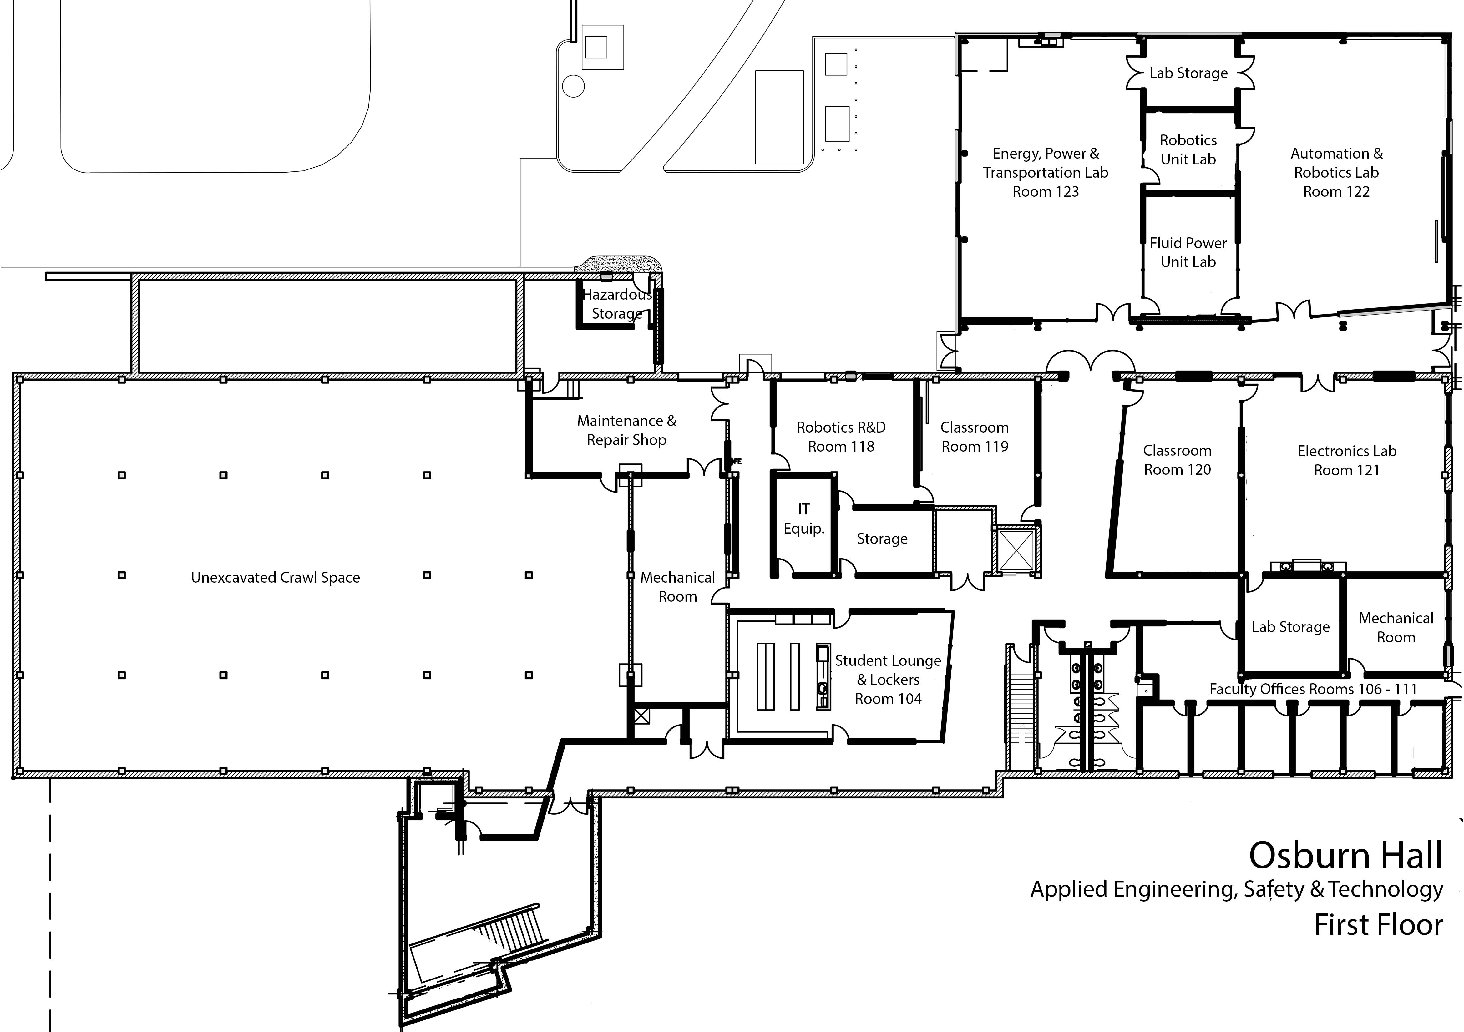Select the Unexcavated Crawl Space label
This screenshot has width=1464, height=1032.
click(x=276, y=578)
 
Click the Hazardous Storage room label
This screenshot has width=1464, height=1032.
click(x=616, y=304)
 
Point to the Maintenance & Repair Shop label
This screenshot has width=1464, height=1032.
click(x=626, y=430)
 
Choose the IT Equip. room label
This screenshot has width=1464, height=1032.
click(x=803, y=518)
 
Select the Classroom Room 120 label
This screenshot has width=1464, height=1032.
click(x=1177, y=460)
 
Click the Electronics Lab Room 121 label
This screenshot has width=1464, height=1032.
click(x=1347, y=460)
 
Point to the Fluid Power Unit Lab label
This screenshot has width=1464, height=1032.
click(x=1188, y=252)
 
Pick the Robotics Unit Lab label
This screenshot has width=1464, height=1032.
click(x=1188, y=150)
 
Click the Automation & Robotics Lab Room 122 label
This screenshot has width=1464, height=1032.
click(x=1336, y=172)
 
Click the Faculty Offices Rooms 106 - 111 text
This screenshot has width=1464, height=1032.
click(x=1313, y=689)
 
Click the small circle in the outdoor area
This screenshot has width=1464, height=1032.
click(x=573, y=86)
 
